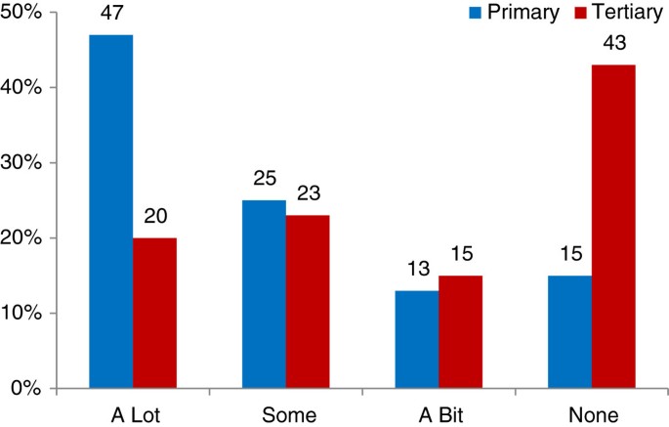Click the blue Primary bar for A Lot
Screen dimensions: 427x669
[x=110, y=211]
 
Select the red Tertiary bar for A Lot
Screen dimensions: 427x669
[x=154, y=313]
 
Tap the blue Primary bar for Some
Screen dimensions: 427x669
[x=264, y=294]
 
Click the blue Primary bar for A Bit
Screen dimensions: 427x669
[x=417, y=339]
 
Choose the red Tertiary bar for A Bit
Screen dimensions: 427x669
[x=460, y=331]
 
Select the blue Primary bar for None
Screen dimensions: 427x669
[x=569, y=331]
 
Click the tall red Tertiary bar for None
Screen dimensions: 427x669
[x=613, y=227]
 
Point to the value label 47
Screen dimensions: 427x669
[x=110, y=16]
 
